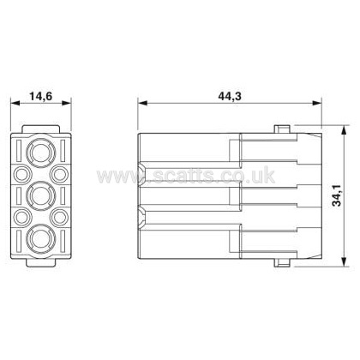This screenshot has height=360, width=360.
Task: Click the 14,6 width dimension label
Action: coord(41,96)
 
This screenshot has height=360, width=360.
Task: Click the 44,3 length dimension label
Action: coord(230,96)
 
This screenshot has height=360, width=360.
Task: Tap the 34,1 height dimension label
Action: coord(337,195)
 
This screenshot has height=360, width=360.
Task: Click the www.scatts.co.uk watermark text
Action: coord(186,176)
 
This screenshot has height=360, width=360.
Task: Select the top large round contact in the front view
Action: coord(41,153)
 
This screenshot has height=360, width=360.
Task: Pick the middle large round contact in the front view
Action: coord(41,195)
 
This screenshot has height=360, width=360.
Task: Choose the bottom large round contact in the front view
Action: coord(41,239)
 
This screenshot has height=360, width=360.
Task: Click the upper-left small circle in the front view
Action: coord(22,174)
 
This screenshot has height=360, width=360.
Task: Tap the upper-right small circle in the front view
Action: coord(59,174)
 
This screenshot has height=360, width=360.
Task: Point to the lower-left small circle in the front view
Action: coord(22,217)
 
